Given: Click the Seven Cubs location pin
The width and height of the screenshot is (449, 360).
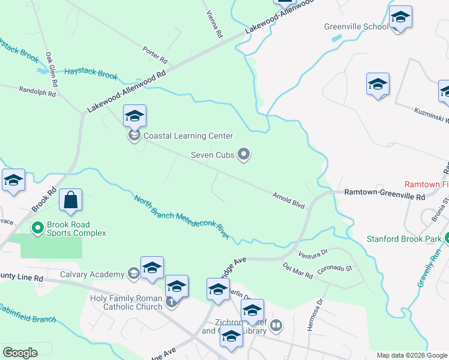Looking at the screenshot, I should [x=244, y=155].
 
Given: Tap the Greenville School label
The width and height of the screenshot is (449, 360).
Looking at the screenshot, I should [x=357, y=26].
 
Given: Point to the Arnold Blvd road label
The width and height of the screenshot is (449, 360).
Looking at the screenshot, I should [x=289, y=200].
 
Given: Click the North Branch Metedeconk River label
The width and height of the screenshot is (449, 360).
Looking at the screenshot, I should [x=182, y=218].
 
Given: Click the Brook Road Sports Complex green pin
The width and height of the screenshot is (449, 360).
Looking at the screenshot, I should [x=37, y=227].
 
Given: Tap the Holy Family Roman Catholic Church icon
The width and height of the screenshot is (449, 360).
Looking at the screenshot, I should [x=171, y=302].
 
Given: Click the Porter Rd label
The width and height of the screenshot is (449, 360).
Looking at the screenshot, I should [x=155, y=55].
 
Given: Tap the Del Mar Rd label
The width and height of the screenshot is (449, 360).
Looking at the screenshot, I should [x=298, y=272].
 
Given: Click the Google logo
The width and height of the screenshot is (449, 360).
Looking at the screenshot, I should [x=20, y=353].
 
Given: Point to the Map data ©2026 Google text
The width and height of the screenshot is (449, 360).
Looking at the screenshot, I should [x=411, y=355].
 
